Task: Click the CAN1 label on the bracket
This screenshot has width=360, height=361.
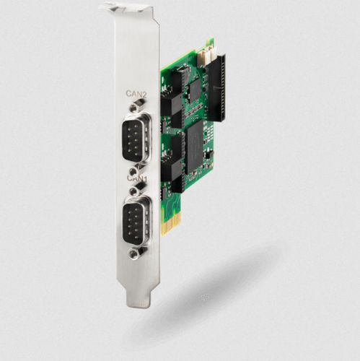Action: [x=136, y=177]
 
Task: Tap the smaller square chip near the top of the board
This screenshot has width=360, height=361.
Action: [x=195, y=89]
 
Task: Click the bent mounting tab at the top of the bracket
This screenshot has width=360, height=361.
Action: [x=126, y=9]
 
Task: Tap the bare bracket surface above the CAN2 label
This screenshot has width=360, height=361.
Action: [x=137, y=58]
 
